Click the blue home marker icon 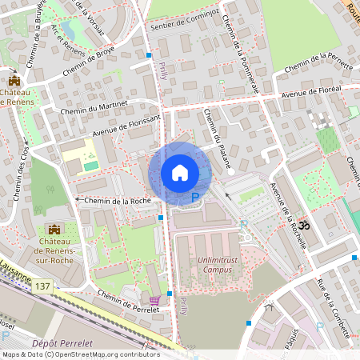click(x=180, y=172)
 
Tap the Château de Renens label click(x=15, y=97)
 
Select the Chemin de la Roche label click(x=118, y=200)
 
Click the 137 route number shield click(x=42, y=286)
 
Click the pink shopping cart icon click(x=154, y=301)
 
